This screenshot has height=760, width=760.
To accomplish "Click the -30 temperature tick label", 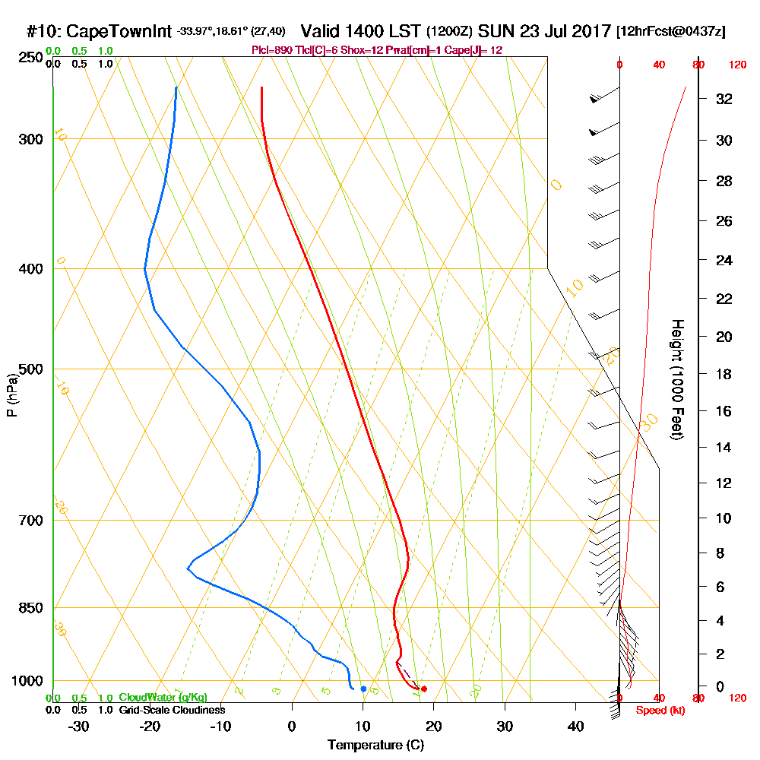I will tap(79, 727).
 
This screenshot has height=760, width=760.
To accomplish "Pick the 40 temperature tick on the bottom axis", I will tap(575, 727).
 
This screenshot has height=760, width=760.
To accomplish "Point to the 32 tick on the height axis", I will tap(724, 99).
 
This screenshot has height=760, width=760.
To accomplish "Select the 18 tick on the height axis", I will tap(724, 374).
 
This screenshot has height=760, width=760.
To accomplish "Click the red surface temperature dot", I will tap(424, 689).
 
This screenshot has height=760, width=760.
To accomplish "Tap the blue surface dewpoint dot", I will tap(363, 689).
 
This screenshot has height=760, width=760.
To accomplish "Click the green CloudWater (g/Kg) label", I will tap(163, 698).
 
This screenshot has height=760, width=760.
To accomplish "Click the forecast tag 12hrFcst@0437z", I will tap(672, 32).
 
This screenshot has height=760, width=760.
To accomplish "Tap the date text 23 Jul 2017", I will tap(559, 32).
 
